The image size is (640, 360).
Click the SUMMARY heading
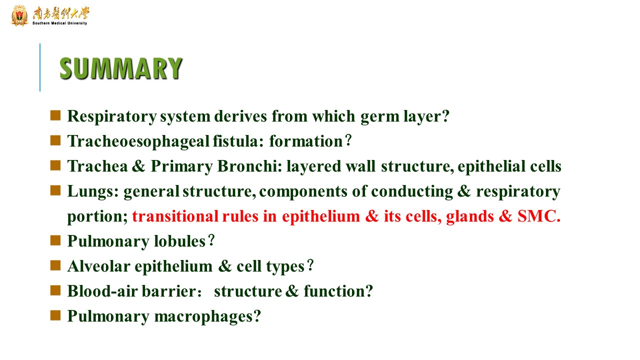(x=120, y=68)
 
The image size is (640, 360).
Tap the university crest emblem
(x=19, y=15)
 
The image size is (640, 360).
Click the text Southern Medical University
(x=59, y=23)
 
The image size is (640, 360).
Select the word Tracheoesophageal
(x=138, y=141)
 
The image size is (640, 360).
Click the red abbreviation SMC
(x=539, y=216)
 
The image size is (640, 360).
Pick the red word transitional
(x=175, y=216)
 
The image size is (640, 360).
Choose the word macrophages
(x=207, y=317)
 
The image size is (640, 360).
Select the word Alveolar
(x=99, y=266)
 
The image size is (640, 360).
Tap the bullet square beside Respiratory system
(x=55, y=115)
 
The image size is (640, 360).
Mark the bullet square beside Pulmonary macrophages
(x=55, y=315)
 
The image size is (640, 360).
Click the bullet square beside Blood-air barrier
(x=55, y=290)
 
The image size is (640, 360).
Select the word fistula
(x=237, y=141)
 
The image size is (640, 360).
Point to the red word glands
(x=469, y=216)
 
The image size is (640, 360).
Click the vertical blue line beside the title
(x=40, y=67)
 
